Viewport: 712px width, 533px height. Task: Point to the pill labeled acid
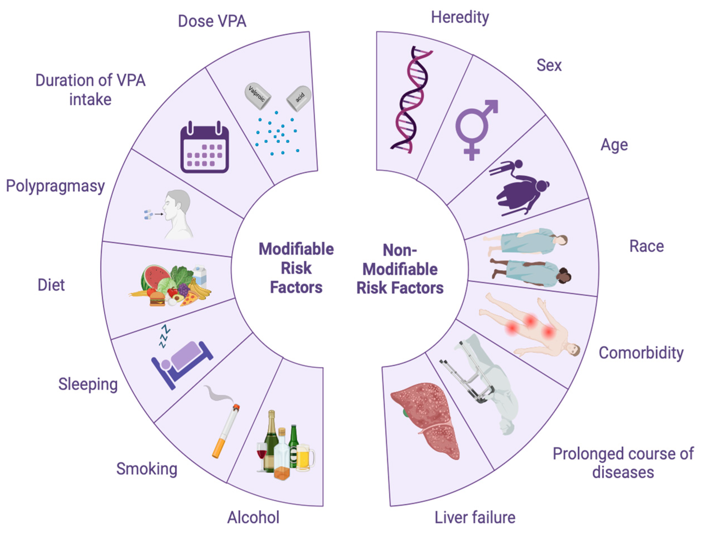click(x=299, y=98)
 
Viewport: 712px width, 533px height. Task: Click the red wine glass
click(x=261, y=453)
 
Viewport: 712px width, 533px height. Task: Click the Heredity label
click(x=460, y=17)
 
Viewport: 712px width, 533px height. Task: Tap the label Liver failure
click(x=475, y=518)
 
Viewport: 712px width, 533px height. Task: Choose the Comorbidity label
click(x=641, y=353)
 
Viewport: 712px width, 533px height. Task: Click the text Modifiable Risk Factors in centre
click(x=296, y=268)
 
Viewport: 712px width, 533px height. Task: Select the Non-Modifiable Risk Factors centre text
click(x=400, y=269)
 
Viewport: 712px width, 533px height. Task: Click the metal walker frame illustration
click(x=467, y=373)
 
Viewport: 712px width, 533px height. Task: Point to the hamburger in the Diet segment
click(x=157, y=298)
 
